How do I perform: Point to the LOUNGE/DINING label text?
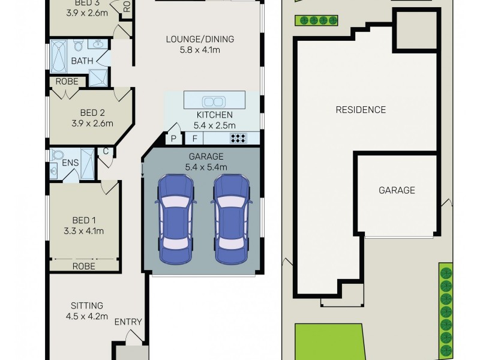(x=200, y=40)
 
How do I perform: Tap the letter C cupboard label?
(x=106, y=151)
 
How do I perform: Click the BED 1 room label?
(x=83, y=220)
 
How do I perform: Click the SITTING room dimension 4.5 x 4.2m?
(x=87, y=316)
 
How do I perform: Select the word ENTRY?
(x=128, y=322)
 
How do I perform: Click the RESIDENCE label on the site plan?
(x=360, y=110)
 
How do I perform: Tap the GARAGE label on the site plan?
(x=396, y=190)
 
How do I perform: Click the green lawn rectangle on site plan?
(x=329, y=340)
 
